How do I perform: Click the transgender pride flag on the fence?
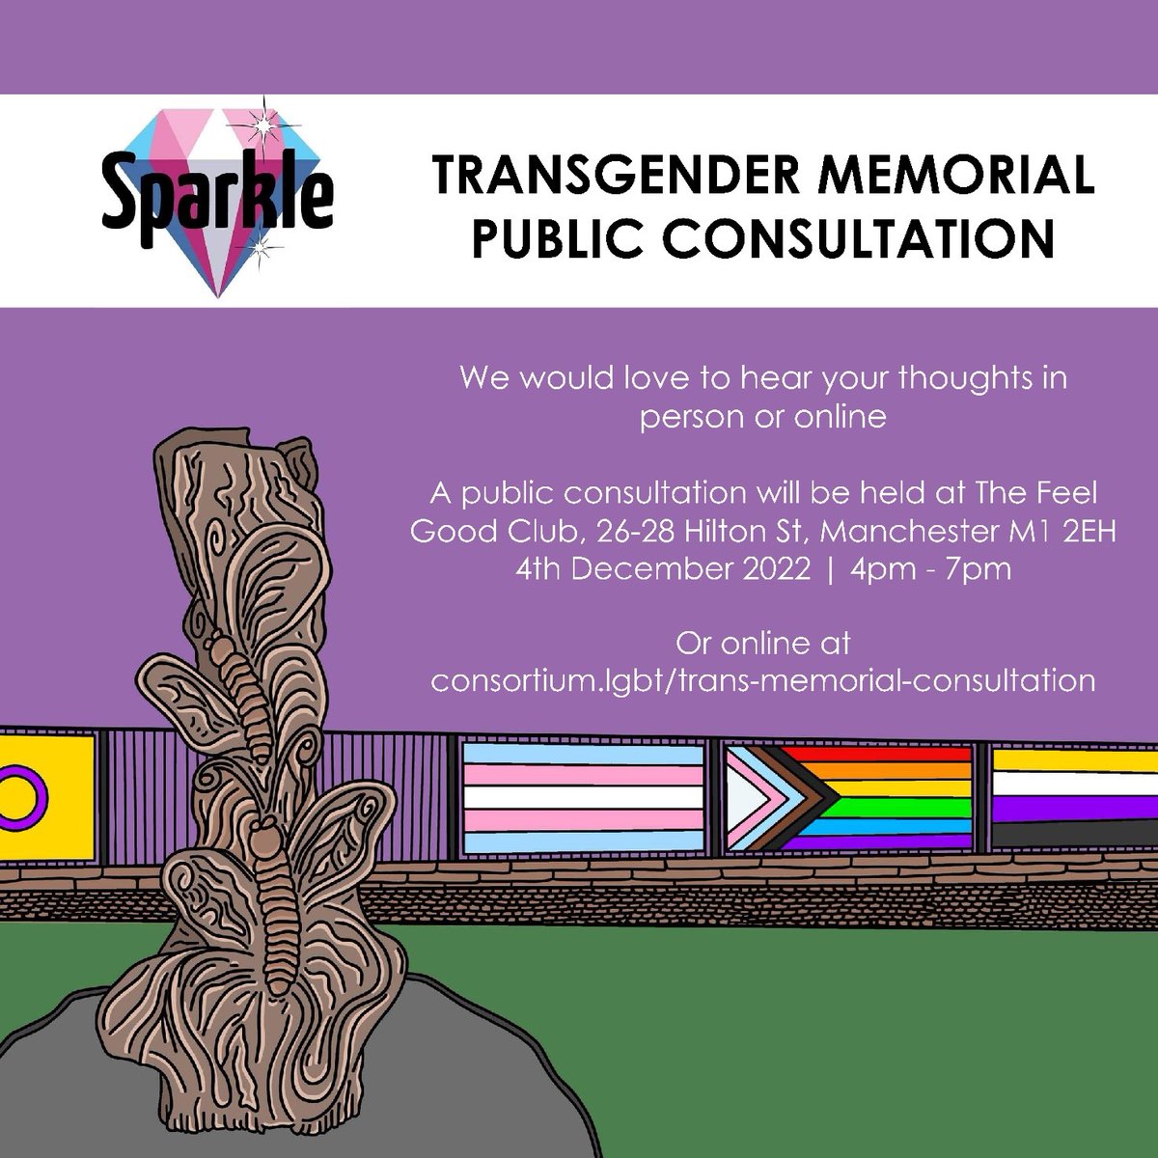tap(584, 797)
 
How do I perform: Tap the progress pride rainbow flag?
tap(849, 797)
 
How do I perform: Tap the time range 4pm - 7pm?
tap(930, 568)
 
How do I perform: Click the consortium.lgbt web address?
tap(762, 680)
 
